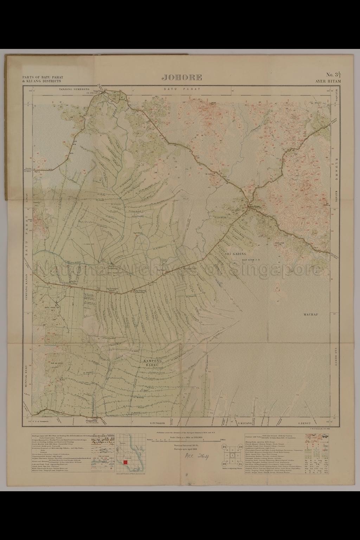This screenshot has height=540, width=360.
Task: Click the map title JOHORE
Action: tap(182, 77)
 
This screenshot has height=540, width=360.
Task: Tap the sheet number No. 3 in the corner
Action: tap(333, 75)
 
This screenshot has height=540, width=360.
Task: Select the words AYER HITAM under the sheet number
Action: tap(328, 81)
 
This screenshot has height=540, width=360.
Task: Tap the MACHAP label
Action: tap(310, 315)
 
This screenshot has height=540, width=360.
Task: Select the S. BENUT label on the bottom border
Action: tap(305, 423)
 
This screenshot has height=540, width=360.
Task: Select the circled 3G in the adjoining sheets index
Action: tap(224, 446)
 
